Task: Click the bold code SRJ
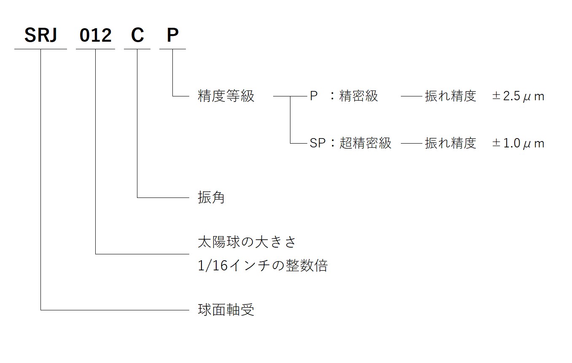click(x=40, y=36)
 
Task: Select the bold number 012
click(x=96, y=36)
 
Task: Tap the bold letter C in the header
click(x=137, y=36)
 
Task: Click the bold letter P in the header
click(x=172, y=36)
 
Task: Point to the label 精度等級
click(x=226, y=96)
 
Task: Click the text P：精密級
click(x=344, y=96)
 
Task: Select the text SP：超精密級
click(x=351, y=144)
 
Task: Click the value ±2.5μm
click(x=518, y=96)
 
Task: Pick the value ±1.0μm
click(x=518, y=144)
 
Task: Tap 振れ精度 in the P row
click(x=450, y=96)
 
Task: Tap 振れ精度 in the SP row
click(x=450, y=144)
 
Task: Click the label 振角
click(x=211, y=198)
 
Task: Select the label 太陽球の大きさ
click(x=247, y=242)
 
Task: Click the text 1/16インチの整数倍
click(x=263, y=266)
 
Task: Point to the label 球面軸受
click(x=226, y=310)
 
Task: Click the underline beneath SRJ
click(x=40, y=49)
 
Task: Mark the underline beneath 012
click(x=96, y=49)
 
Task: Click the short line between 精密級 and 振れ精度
click(x=411, y=96)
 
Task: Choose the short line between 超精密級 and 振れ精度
click(x=411, y=144)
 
